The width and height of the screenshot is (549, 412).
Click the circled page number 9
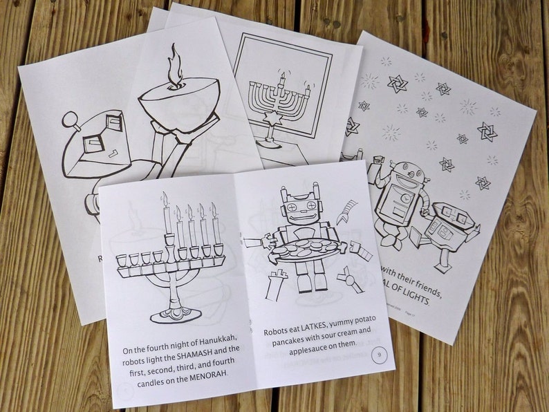[x=378, y=355]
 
